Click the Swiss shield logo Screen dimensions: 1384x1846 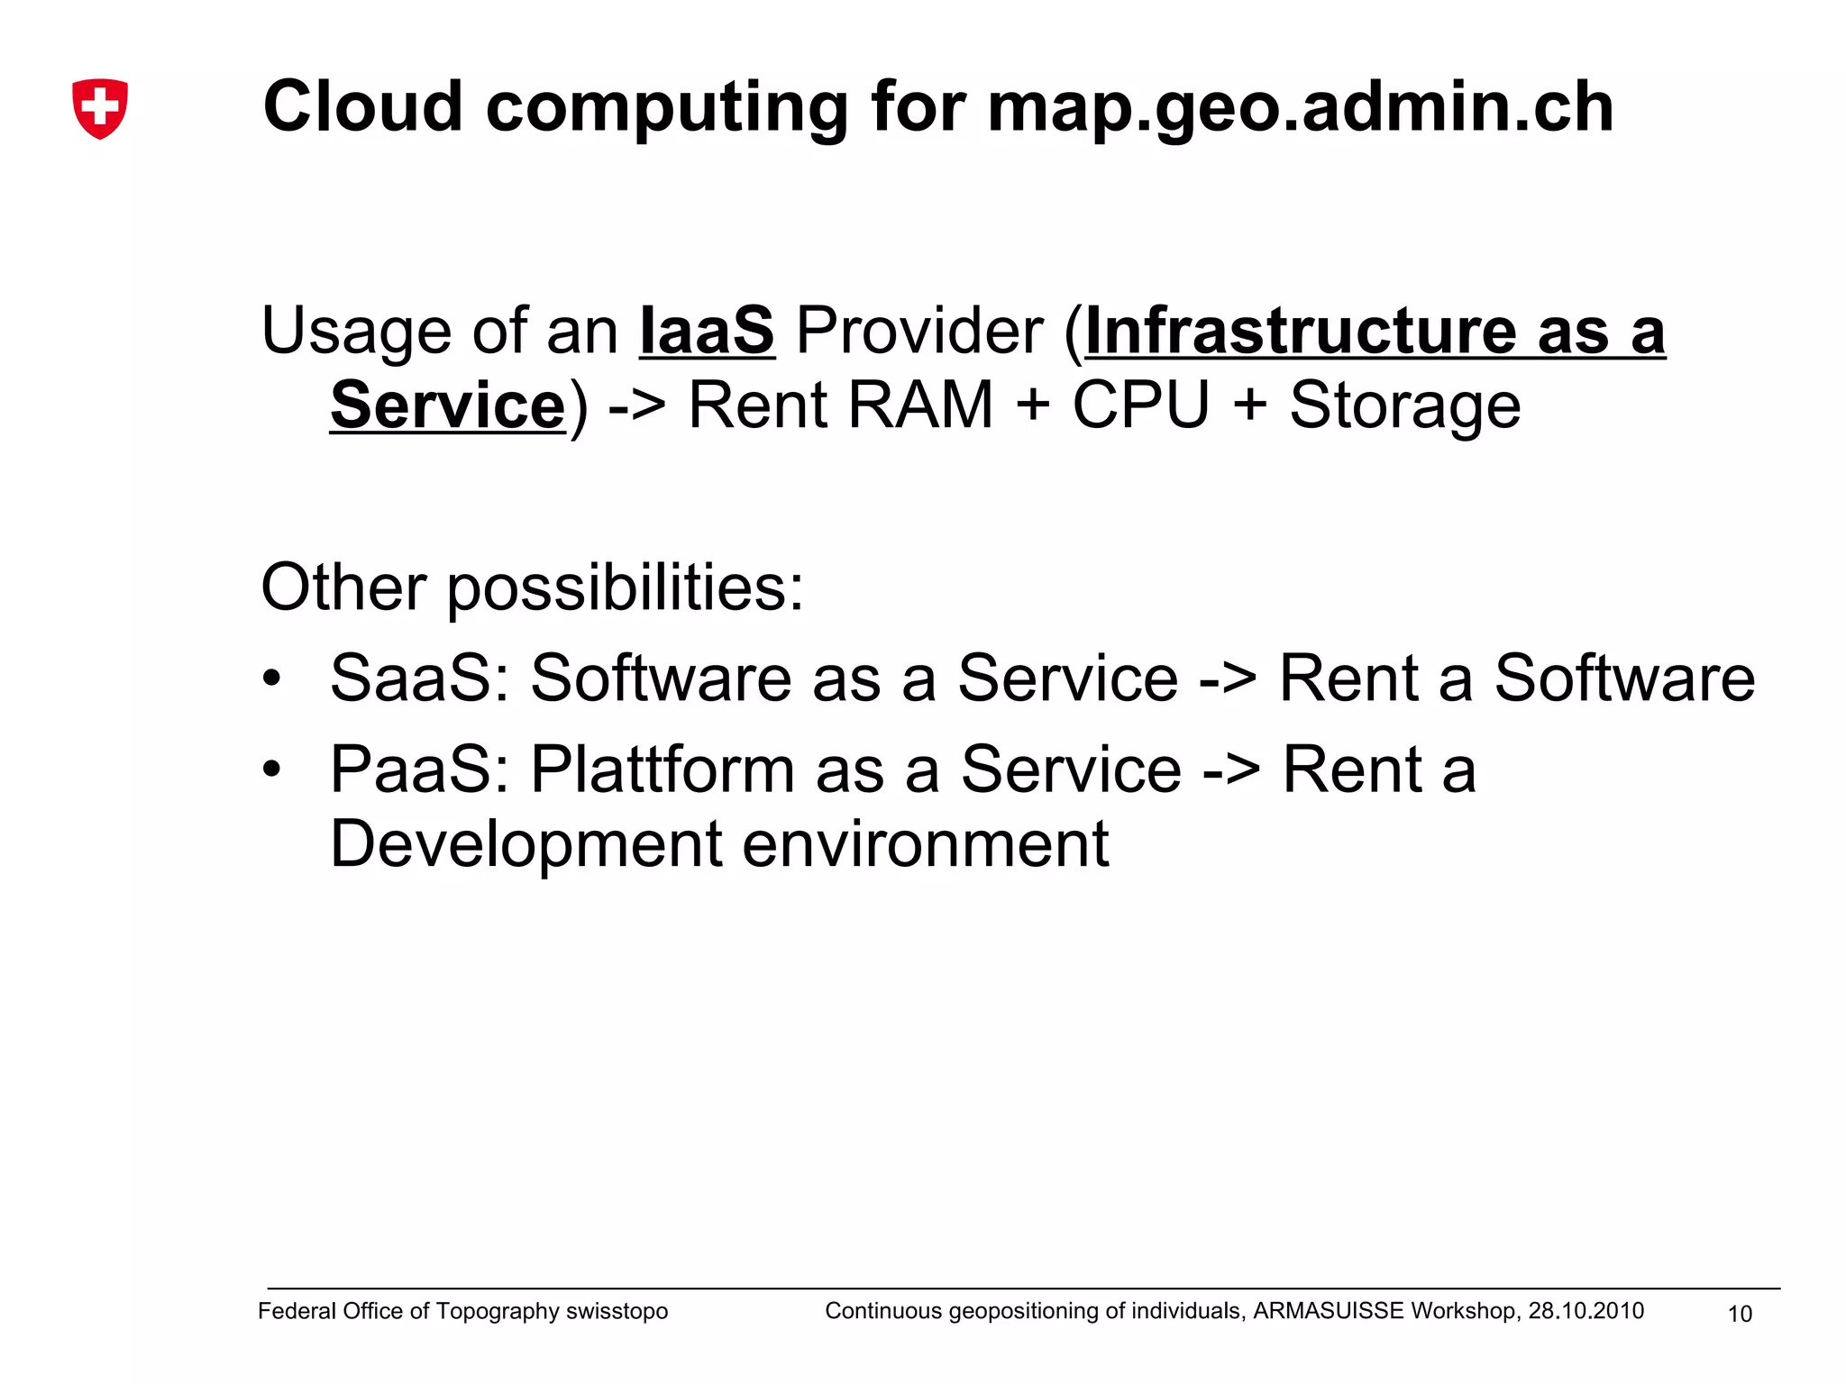click(x=100, y=109)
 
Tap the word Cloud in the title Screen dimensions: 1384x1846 click(x=362, y=106)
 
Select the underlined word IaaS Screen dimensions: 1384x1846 click(x=707, y=331)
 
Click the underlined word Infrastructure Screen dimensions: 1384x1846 click(x=1300, y=331)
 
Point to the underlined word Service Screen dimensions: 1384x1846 click(x=447, y=405)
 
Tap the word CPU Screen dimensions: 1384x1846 click(x=1140, y=405)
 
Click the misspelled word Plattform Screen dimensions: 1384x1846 click(x=662, y=770)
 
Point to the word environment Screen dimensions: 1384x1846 click(x=926, y=845)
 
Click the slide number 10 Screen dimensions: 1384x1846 click(x=1739, y=1315)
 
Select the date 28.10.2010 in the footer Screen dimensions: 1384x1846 click(x=1586, y=1311)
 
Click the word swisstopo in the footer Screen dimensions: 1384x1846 click(x=617, y=1312)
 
